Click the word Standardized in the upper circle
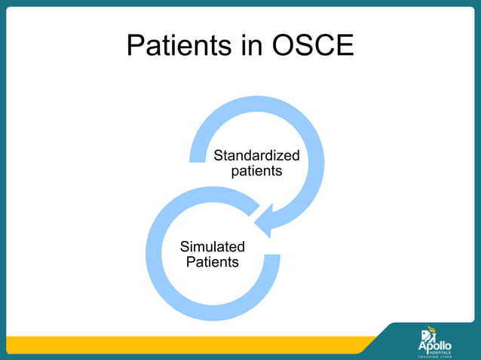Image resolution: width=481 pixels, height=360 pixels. [256, 156]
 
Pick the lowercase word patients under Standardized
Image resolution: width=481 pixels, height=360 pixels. [256, 171]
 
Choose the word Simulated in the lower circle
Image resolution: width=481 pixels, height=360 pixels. [213, 247]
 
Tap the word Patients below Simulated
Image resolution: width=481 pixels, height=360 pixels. [213, 262]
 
